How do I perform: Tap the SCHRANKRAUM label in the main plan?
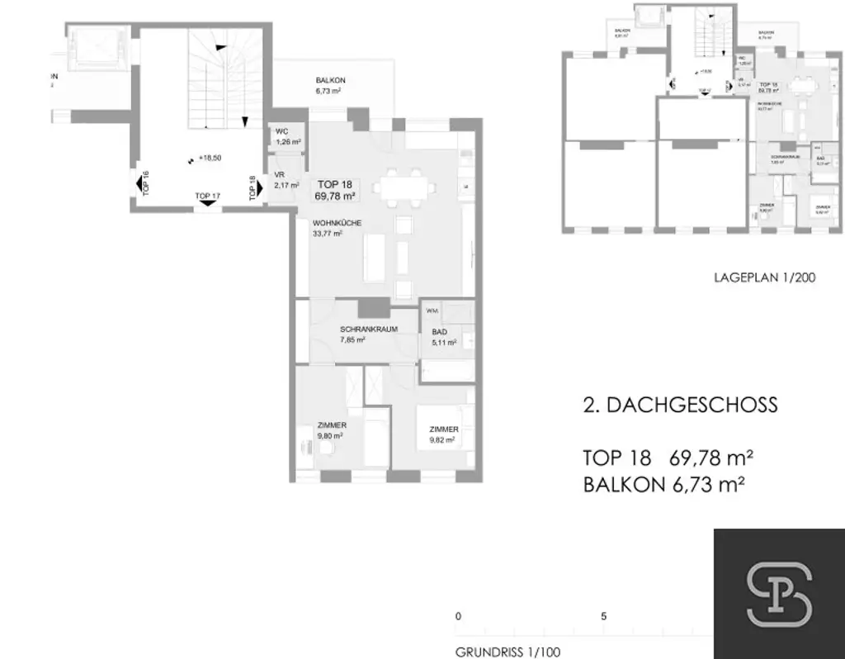tap(369, 329)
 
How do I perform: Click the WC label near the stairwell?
tap(281, 131)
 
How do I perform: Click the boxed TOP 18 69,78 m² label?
tap(334, 190)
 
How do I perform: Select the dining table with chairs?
tap(404, 187)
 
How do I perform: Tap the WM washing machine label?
tap(431, 311)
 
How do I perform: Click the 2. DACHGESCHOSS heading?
tap(680, 405)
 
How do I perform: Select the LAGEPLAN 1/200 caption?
tap(764, 277)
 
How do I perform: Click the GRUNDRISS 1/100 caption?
tap(507, 652)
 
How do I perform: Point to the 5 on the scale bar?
tap(604, 616)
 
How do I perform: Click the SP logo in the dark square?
tap(778, 594)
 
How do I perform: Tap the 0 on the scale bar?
tap(458, 616)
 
